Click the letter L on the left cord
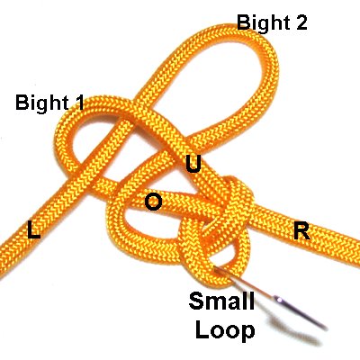[x=33, y=229]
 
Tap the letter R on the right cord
[x=301, y=231]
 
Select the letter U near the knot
[x=193, y=165]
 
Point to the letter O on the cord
[x=153, y=202]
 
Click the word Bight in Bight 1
[x=43, y=103]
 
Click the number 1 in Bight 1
[x=79, y=102]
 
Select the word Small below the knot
[x=221, y=301]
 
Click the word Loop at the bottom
[x=225, y=330]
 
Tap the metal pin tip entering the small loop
[x=215, y=268]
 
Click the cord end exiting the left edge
[x=4, y=259]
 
